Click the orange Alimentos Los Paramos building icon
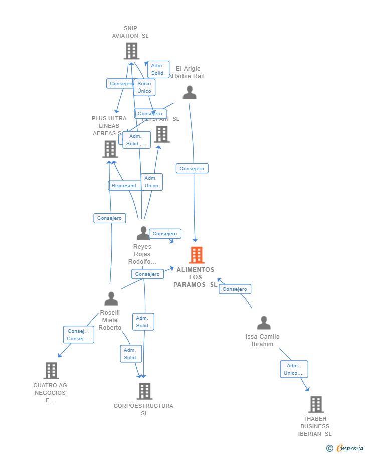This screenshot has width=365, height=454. tap(196, 255)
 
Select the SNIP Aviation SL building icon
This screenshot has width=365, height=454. tap(131, 51)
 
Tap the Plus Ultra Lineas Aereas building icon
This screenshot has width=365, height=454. tap(110, 149)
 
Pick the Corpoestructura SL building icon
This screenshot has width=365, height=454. tap(144, 391)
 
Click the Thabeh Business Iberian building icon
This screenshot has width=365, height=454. tap(316, 404)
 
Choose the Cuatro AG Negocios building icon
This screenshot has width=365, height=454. tap(51, 370)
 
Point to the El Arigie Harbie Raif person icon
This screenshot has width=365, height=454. tap(189, 92)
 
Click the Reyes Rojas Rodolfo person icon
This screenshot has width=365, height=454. tap(143, 233)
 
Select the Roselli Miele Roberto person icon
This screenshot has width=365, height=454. tap(111, 298)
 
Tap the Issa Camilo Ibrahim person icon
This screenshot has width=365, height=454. tap(264, 323)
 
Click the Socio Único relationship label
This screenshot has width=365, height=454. tap(144, 87)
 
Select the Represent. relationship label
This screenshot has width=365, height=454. tap(124, 186)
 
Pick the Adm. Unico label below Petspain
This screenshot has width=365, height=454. tap(151, 182)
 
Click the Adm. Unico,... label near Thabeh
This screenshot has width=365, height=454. tap(294, 369)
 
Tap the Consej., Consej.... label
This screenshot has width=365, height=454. tap(78, 335)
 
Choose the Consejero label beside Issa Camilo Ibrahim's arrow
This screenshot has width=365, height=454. tap(235, 289)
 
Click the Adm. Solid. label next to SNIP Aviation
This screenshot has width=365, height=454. tap(158, 69)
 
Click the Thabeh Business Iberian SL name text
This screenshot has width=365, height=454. tap(315, 426)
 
